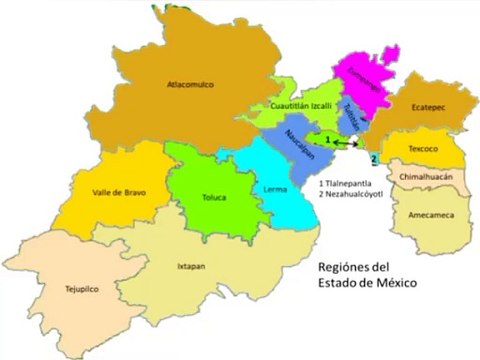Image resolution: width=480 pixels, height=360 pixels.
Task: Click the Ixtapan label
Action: (192, 267)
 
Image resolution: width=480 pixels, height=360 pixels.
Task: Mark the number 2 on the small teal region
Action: (372, 159)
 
